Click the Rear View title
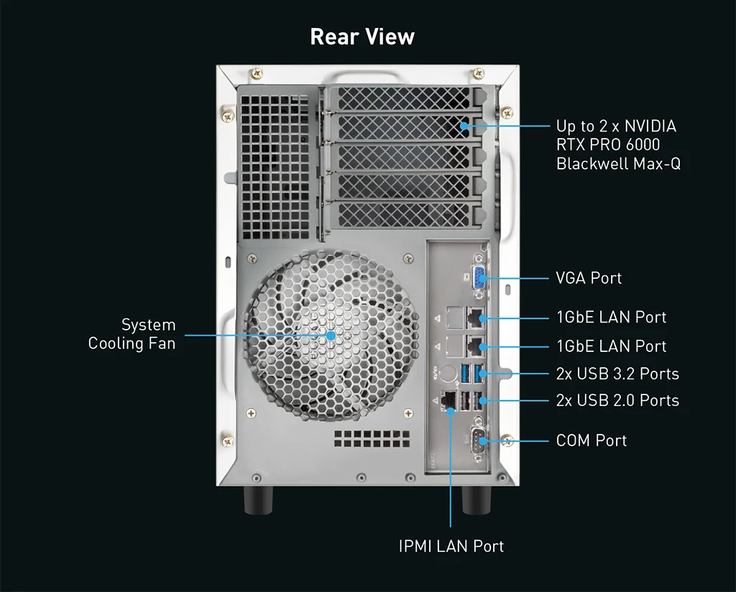[x=362, y=37]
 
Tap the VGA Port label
[x=589, y=278]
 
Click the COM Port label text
[x=591, y=440]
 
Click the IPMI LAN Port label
[x=451, y=546]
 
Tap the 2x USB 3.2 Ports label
[x=617, y=374]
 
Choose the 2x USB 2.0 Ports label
[x=617, y=400]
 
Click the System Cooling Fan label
[x=132, y=334]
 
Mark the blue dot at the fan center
[x=331, y=335]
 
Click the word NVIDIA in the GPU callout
[x=646, y=126]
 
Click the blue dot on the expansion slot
[x=464, y=126]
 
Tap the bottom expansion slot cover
[x=403, y=215]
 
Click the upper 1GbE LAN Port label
[x=611, y=318]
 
